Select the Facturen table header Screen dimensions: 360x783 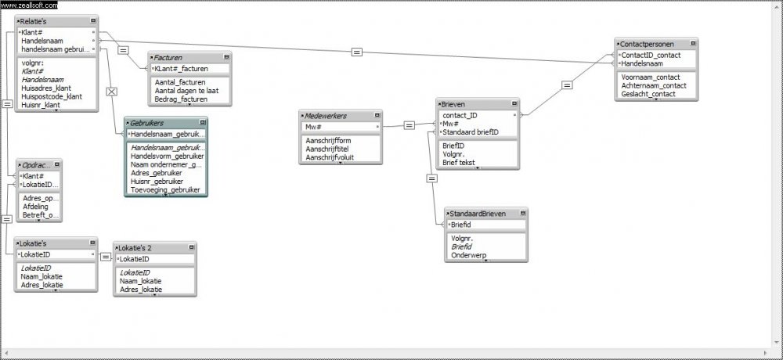coord(173,57)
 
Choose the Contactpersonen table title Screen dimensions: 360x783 coord(646,44)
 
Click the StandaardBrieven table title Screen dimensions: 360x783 coord(478,213)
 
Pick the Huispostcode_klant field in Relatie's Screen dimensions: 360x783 coord(52,96)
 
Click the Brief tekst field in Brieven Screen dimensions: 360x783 coord(460,162)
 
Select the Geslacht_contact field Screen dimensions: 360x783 coord(648,94)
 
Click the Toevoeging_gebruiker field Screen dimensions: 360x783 coord(165,189)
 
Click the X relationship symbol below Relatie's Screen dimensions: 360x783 coord(111,92)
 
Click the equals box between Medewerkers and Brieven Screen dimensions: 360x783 coord(409,124)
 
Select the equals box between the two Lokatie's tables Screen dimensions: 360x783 coord(106,256)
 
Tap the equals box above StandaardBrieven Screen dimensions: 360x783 coord(431,178)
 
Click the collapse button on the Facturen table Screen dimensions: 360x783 coord(226,57)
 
